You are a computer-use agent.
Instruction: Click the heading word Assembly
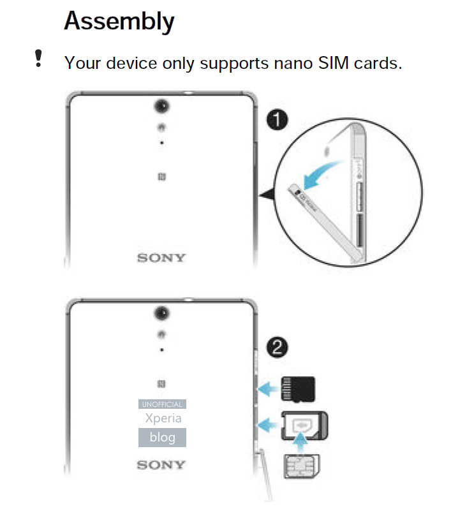[119, 22]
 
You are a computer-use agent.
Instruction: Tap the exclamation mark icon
[38, 59]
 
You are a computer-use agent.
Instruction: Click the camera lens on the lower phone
[161, 313]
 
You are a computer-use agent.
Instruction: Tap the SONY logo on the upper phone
[161, 258]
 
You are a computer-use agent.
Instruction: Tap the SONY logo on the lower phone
[161, 464]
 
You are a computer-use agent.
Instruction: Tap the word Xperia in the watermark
[163, 418]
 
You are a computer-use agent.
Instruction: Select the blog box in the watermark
[162, 438]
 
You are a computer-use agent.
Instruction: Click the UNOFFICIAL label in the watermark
[162, 404]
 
